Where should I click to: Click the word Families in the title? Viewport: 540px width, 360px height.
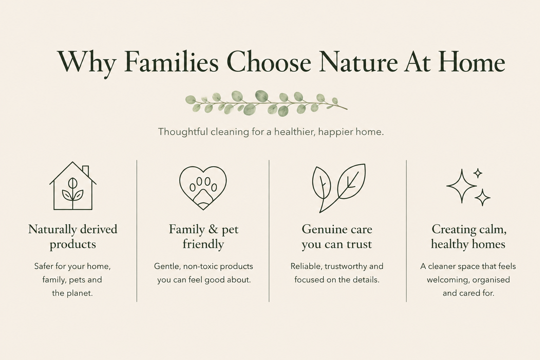[x=172, y=62]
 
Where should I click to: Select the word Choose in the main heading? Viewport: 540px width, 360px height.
[x=269, y=62]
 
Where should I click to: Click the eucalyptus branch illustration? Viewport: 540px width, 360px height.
[x=266, y=103]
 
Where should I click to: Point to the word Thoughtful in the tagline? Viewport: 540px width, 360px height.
[x=183, y=132]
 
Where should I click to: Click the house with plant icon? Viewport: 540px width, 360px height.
[x=73, y=186]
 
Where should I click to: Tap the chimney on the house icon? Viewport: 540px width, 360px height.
[x=85, y=171]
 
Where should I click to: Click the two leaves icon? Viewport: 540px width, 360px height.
[x=339, y=188]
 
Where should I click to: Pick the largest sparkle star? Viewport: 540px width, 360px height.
[x=462, y=186]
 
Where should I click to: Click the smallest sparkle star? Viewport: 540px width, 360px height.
[x=477, y=173]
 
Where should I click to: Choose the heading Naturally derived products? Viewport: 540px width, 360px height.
[x=73, y=237]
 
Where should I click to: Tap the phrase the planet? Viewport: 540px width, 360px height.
[x=72, y=294]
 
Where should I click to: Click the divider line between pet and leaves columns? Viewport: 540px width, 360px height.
[x=269, y=231]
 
